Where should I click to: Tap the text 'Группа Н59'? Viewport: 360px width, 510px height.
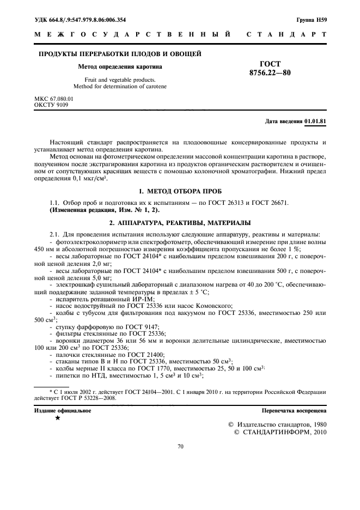point(312,20)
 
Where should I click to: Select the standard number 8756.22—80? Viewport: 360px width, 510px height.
point(270,72)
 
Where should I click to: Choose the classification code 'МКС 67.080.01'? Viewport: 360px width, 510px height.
point(53,99)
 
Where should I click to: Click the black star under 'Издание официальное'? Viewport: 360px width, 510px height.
point(57,418)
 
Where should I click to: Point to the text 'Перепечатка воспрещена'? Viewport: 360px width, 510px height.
point(294,410)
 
